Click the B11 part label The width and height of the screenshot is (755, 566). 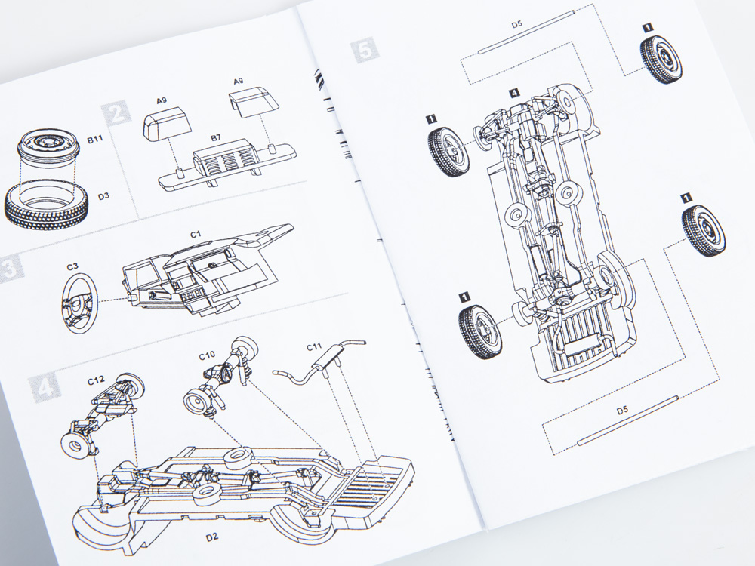pos(95,139)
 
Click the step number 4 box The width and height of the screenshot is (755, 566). pos(44,387)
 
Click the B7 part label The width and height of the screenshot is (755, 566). pos(215,139)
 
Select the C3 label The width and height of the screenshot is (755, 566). pos(73,266)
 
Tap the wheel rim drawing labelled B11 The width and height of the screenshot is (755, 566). pos(48,151)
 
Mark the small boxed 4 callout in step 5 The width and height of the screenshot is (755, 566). pos(513,93)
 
